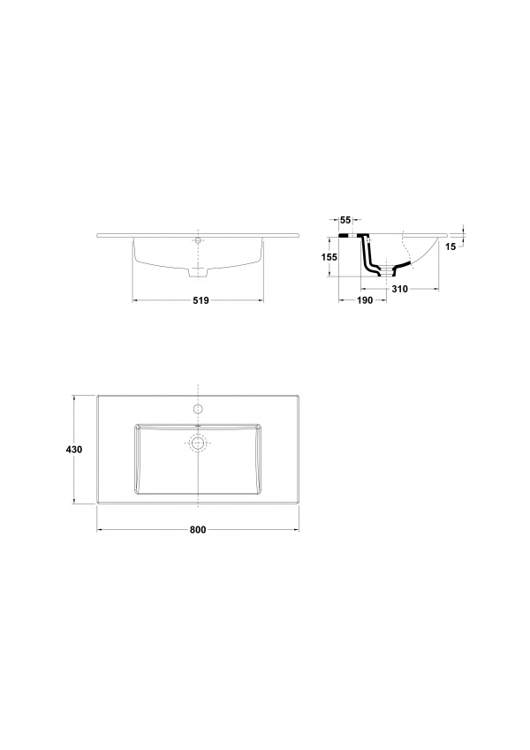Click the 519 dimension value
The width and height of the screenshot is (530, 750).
click(201, 300)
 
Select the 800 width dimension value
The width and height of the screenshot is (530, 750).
click(198, 529)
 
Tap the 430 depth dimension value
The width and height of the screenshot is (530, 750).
click(74, 450)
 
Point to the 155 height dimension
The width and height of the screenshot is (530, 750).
click(329, 257)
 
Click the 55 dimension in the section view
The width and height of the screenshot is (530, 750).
click(344, 220)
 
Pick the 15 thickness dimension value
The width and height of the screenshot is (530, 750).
click(450, 246)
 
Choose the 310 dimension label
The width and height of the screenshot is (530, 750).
click(399, 288)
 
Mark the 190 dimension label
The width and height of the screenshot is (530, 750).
click(365, 300)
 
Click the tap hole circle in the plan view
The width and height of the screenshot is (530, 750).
click(198, 408)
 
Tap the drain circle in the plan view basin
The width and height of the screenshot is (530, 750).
click(198, 443)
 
